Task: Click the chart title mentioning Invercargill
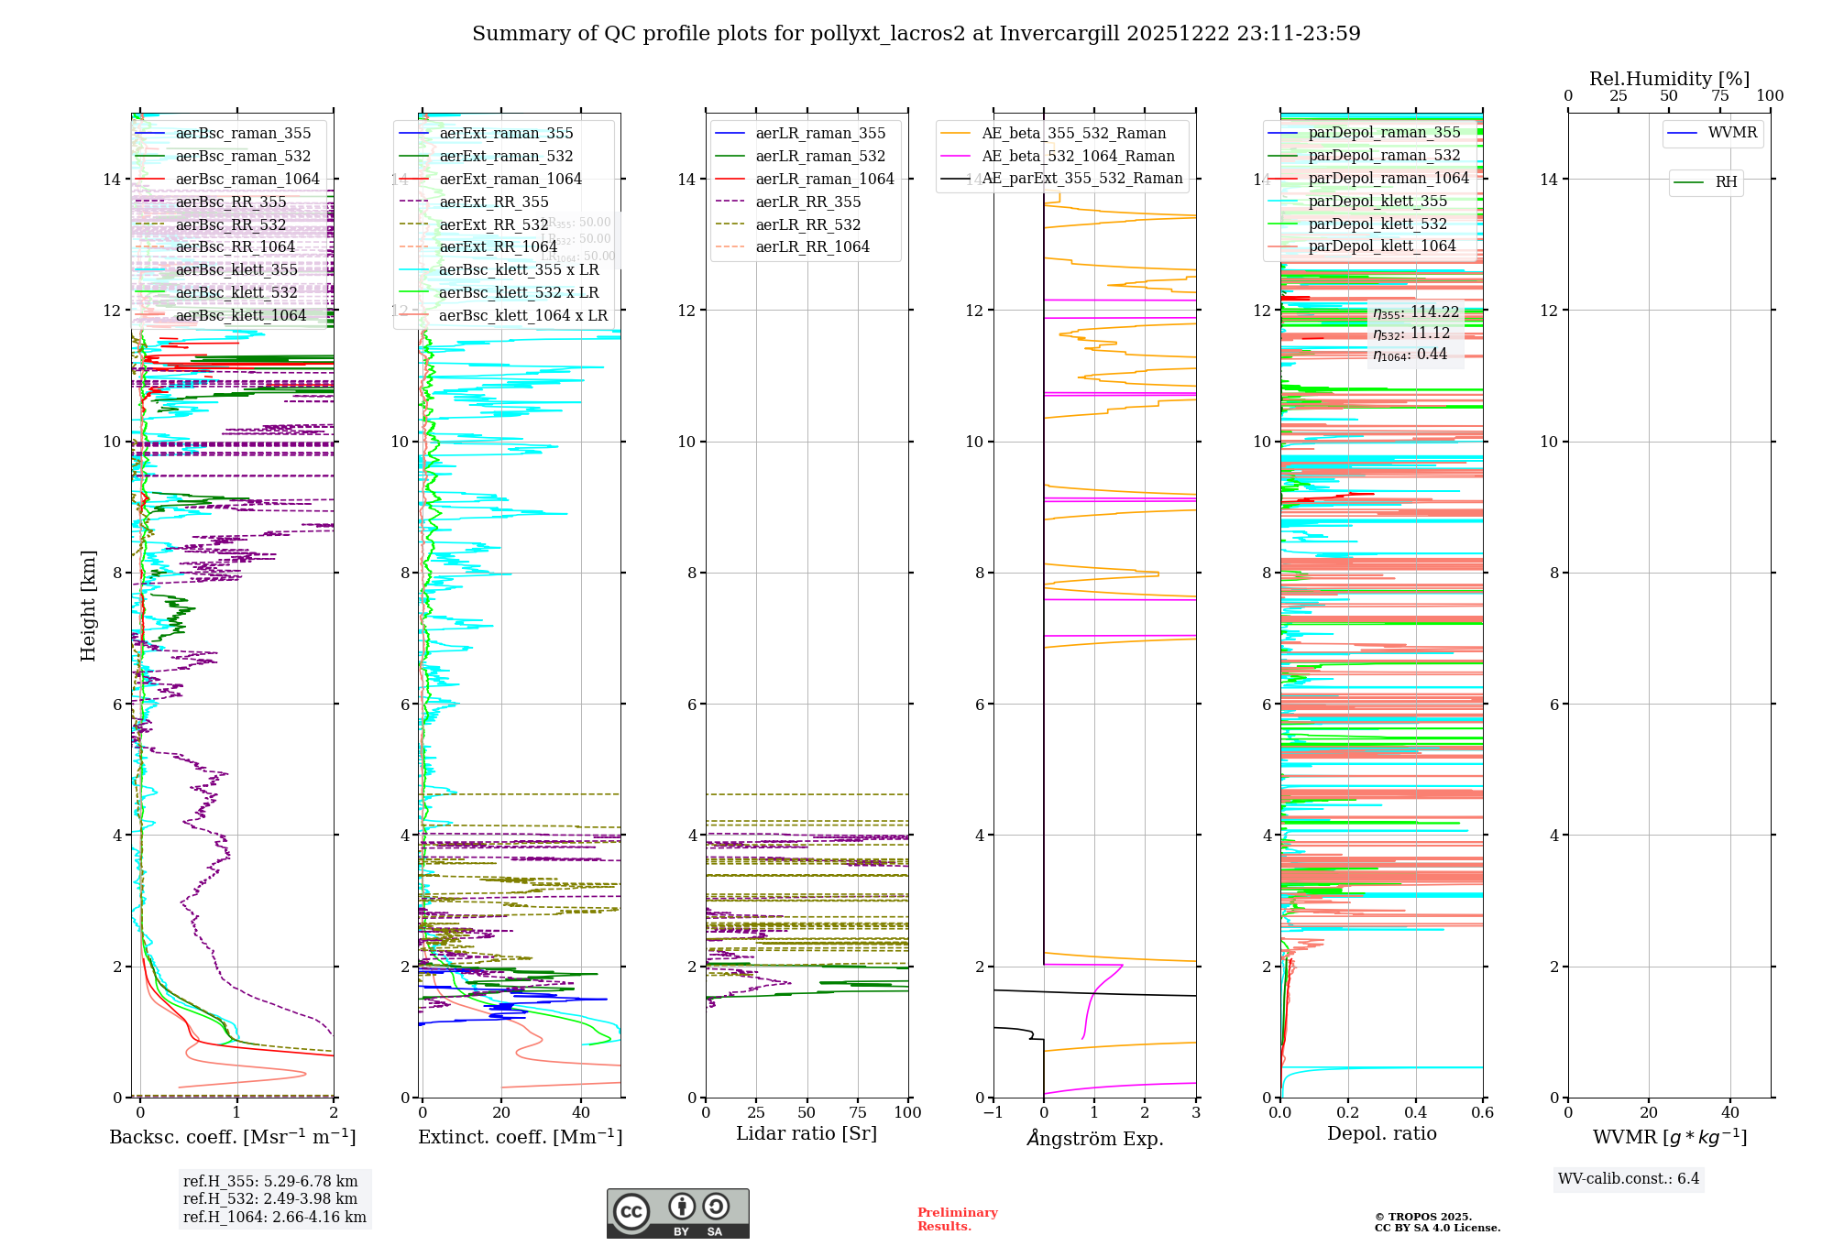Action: click(x=916, y=34)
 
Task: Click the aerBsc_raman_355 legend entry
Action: click(x=243, y=134)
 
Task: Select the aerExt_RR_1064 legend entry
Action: click(x=498, y=247)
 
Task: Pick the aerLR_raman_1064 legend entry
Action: click(x=824, y=180)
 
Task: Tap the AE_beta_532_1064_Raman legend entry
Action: click(x=1078, y=157)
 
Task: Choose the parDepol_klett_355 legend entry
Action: click(x=1377, y=202)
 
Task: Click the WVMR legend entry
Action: click(x=1732, y=134)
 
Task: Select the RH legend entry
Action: click(x=1726, y=182)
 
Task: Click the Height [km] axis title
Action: click(x=88, y=606)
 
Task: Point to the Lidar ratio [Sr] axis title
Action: click(x=807, y=1134)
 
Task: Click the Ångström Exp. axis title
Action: click(x=1094, y=1139)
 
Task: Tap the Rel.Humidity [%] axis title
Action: click(x=1669, y=80)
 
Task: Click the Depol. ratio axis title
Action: click(x=1381, y=1134)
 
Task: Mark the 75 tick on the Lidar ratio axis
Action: click(x=858, y=1113)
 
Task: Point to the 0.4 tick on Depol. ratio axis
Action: click(x=1415, y=1113)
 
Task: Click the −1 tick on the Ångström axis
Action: click(x=993, y=1113)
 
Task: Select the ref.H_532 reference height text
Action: click(x=270, y=1199)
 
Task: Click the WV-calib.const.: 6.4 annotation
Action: click(x=1628, y=1179)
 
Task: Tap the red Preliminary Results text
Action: click(x=957, y=1219)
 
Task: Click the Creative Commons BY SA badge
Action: click(x=677, y=1214)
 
